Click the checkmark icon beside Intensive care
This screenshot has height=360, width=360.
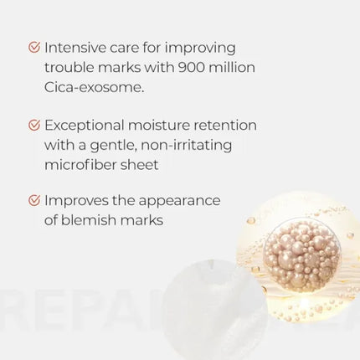33,47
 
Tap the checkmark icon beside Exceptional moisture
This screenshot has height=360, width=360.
33,124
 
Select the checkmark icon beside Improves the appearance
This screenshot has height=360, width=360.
33,201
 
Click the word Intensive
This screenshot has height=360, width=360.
81,47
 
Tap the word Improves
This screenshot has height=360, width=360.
75,201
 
